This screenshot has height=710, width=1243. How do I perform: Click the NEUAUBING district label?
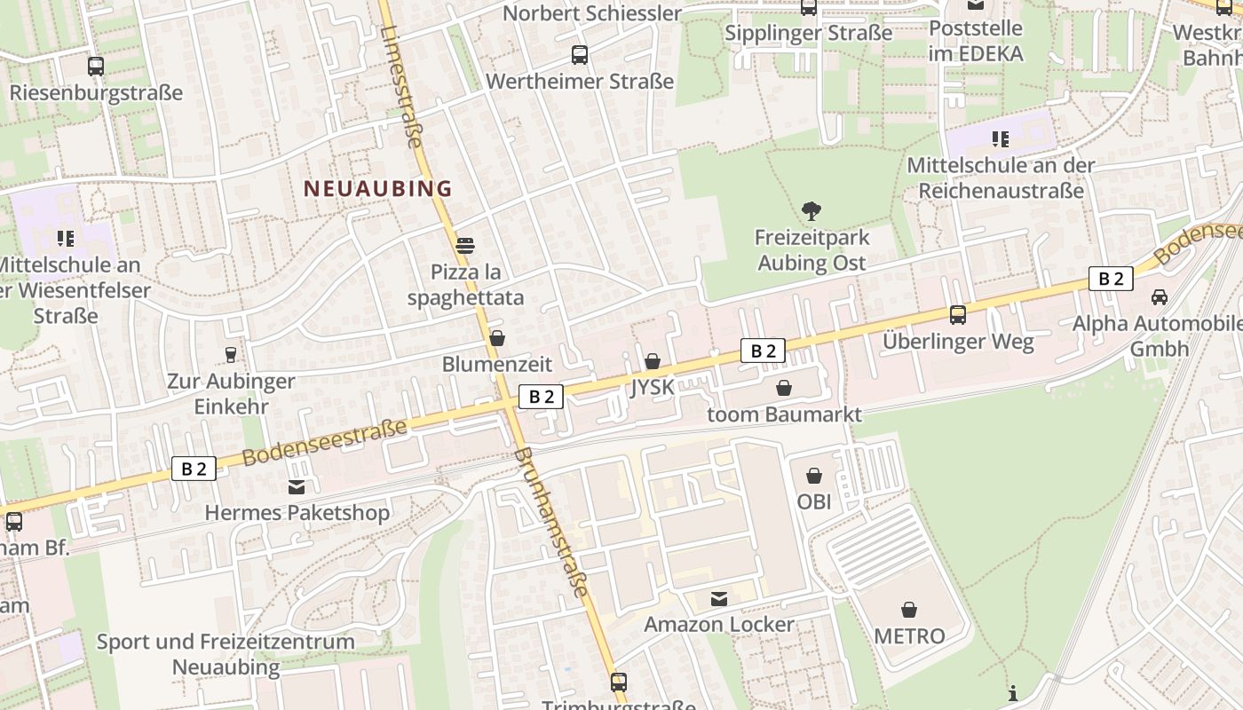point(378,188)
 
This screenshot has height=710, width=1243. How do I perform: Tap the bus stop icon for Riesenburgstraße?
point(95,67)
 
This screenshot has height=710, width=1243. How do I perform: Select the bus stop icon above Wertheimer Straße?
point(580,55)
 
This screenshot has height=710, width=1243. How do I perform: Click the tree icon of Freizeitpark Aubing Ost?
point(811,211)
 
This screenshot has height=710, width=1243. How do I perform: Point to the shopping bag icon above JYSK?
point(653,361)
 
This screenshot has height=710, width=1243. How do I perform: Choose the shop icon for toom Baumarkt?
point(784,388)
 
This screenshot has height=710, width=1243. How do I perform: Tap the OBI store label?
point(813,501)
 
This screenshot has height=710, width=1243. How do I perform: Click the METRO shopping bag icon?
point(909,610)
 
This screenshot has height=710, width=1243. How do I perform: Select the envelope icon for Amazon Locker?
point(719,599)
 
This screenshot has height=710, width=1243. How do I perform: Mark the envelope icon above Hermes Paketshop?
point(297,487)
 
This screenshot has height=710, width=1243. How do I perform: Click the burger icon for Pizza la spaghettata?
point(465,245)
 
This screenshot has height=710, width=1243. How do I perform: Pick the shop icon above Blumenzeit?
point(497,338)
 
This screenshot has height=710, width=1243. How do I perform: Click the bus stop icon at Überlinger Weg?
point(958,315)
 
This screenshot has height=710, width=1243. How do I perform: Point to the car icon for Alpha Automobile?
point(1159,297)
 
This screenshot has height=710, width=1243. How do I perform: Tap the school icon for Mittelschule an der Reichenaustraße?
point(1001,139)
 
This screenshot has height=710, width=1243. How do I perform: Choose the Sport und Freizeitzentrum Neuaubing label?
point(226,653)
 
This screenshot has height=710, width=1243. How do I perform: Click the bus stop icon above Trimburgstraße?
point(619,682)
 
